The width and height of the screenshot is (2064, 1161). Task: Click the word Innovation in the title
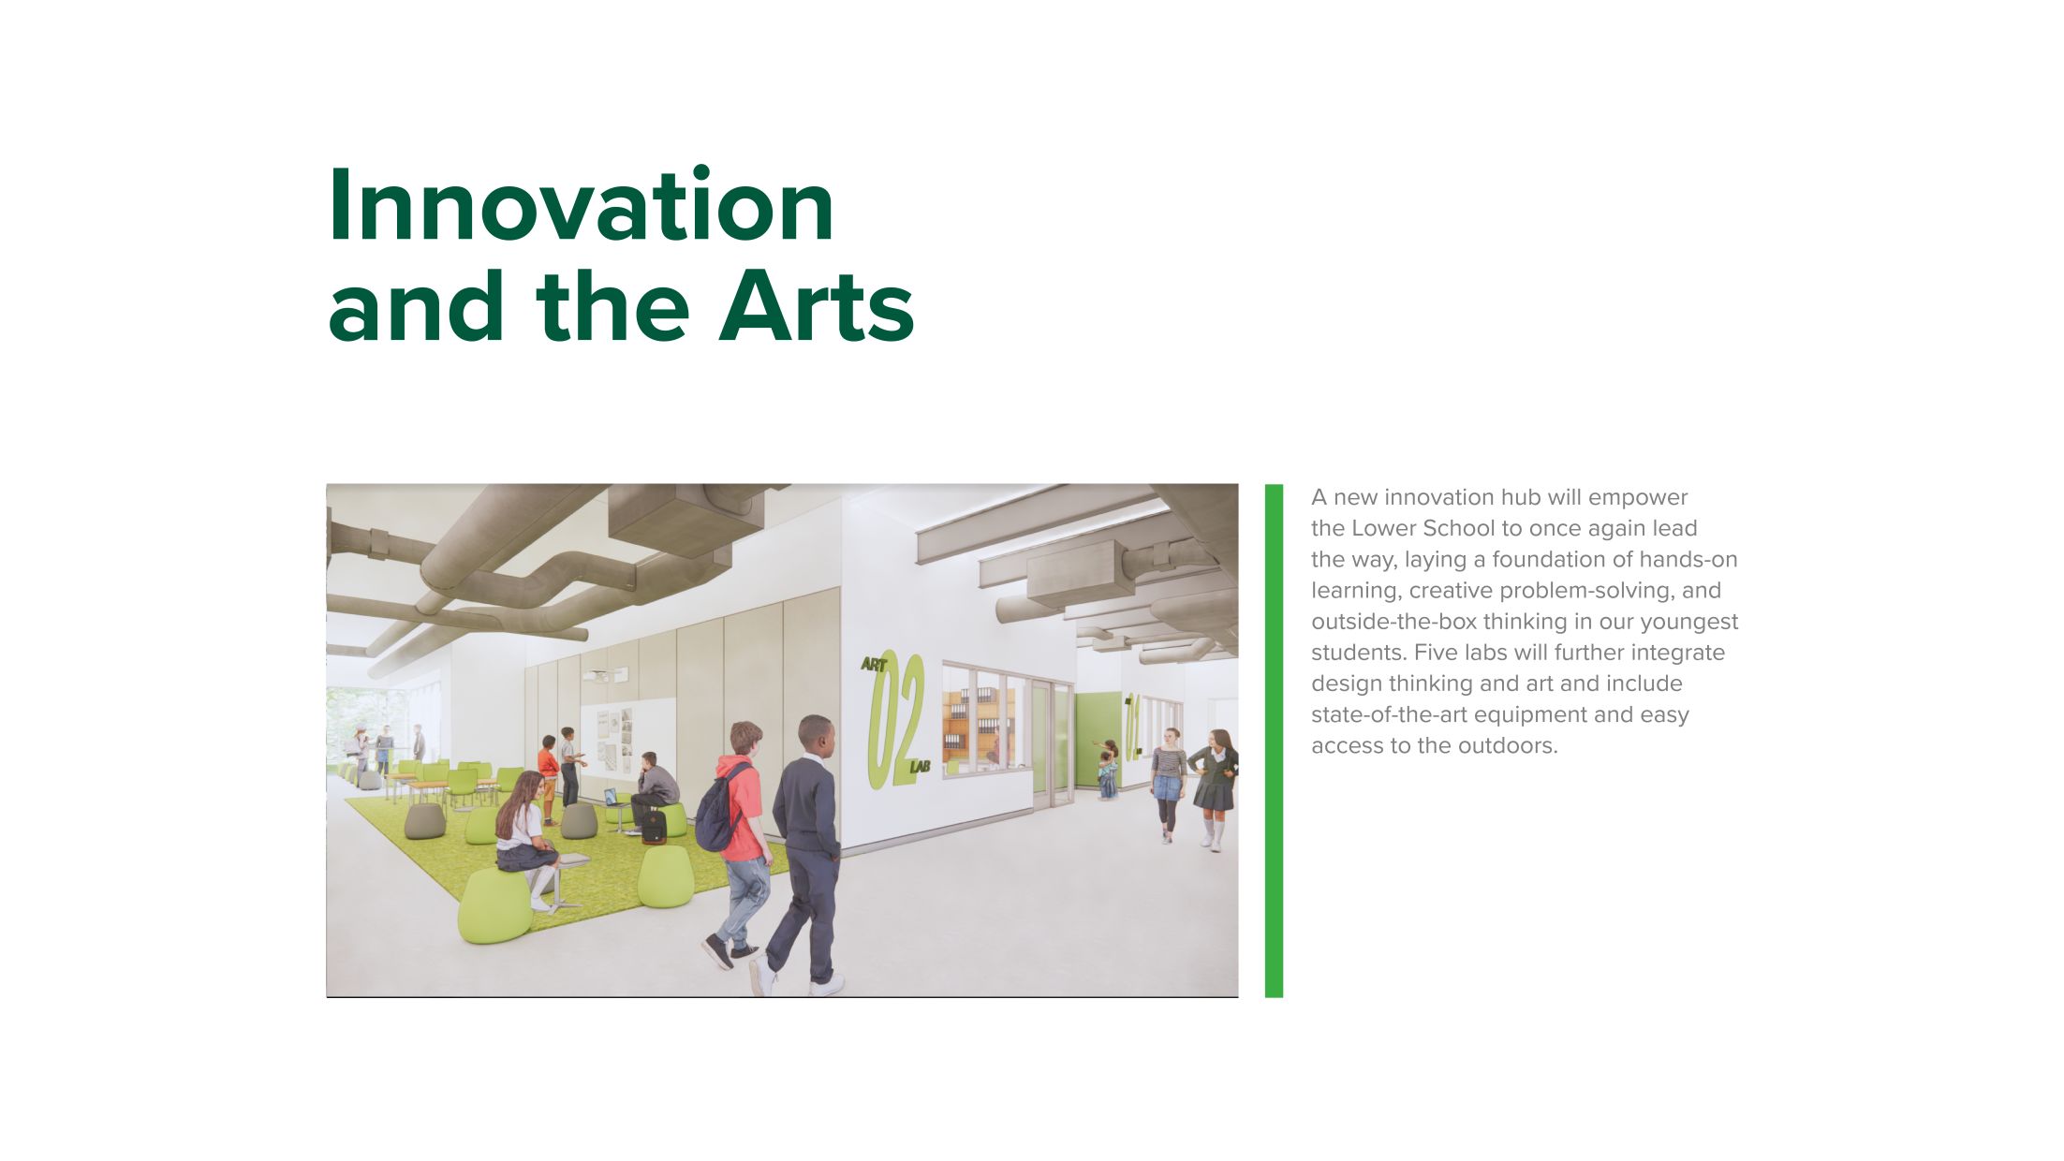(x=581, y=206)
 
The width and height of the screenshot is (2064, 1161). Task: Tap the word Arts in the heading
(x=816, y=307)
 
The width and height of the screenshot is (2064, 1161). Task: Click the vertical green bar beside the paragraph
(x=1274, y=740)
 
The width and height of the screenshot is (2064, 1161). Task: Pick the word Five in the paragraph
(x=1436, y=653)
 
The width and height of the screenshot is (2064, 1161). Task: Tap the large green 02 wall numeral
(x=896, y=719)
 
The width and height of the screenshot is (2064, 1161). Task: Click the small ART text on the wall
(x=874, y=665)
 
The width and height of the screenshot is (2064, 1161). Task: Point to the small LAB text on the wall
(x=920, y=768)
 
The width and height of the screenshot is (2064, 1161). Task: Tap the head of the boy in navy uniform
(x=816, y=736)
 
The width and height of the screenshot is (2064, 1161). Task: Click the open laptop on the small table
(x=612, y=798)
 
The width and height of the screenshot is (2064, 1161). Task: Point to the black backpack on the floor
(x=654, y=826)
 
